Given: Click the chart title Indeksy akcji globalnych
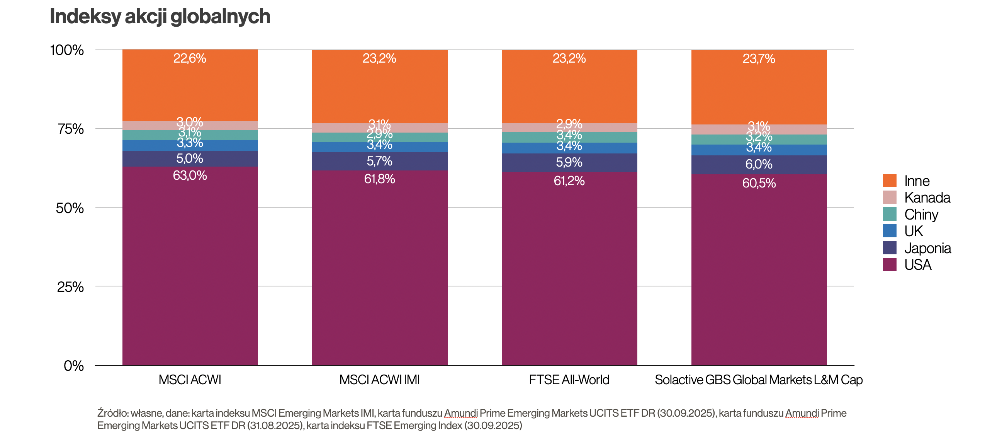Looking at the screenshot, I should [160, 17].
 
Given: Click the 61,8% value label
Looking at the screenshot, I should [379, 179].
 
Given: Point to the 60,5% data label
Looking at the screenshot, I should [759, 183].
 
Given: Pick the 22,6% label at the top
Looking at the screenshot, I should [189, 58].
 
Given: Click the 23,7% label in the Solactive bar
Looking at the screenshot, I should [759, 59].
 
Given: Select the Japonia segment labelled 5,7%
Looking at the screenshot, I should [379, 161].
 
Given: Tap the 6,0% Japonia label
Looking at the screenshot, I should [759, 164].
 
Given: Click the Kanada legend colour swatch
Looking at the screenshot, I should [890, 198].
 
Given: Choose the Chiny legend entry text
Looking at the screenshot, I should [921, 215].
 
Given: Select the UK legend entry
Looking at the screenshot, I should [913, 231].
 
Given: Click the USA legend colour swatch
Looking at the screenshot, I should [890, 265].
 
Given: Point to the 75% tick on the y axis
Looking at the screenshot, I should [71, 129].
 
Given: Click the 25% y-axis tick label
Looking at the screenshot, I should [70, 287].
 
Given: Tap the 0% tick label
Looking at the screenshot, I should [74, 366].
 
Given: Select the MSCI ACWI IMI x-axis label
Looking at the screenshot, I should [379, 380].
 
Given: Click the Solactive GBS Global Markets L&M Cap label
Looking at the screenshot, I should [759, 380].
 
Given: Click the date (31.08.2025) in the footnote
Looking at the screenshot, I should [275, 426].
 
